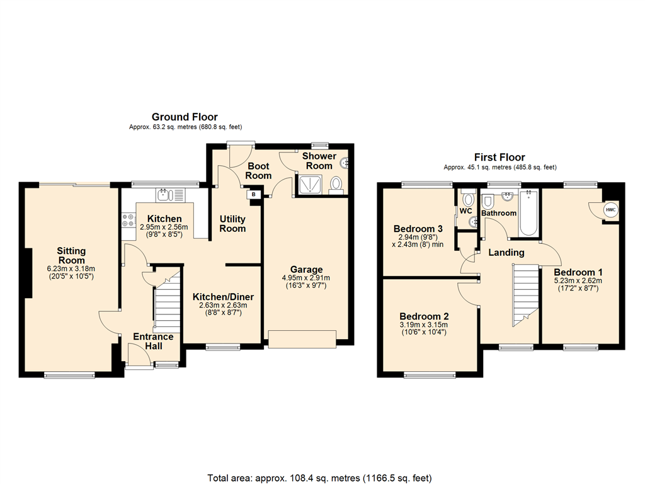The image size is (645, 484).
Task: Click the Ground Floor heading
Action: tap(185, 117)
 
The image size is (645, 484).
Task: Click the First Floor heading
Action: tap(499, 157)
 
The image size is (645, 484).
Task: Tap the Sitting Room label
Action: tap(72, 256)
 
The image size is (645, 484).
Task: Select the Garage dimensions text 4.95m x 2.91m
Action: tap(305, 278)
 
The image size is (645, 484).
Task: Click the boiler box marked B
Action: tap(254, 195)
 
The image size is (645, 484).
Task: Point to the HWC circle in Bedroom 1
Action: tap(610, 210)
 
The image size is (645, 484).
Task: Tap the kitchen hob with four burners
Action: tap(127, 219)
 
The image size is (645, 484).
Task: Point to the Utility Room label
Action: tap(232, 224)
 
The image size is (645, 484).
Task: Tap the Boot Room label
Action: tap(258, 171)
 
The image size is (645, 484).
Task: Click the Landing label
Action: tap(507, 253)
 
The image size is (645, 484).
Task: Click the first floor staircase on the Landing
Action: tap(526, 293)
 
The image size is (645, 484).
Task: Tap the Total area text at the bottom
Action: tap(319, 477)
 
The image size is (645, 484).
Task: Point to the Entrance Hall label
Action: tap(153, 341)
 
